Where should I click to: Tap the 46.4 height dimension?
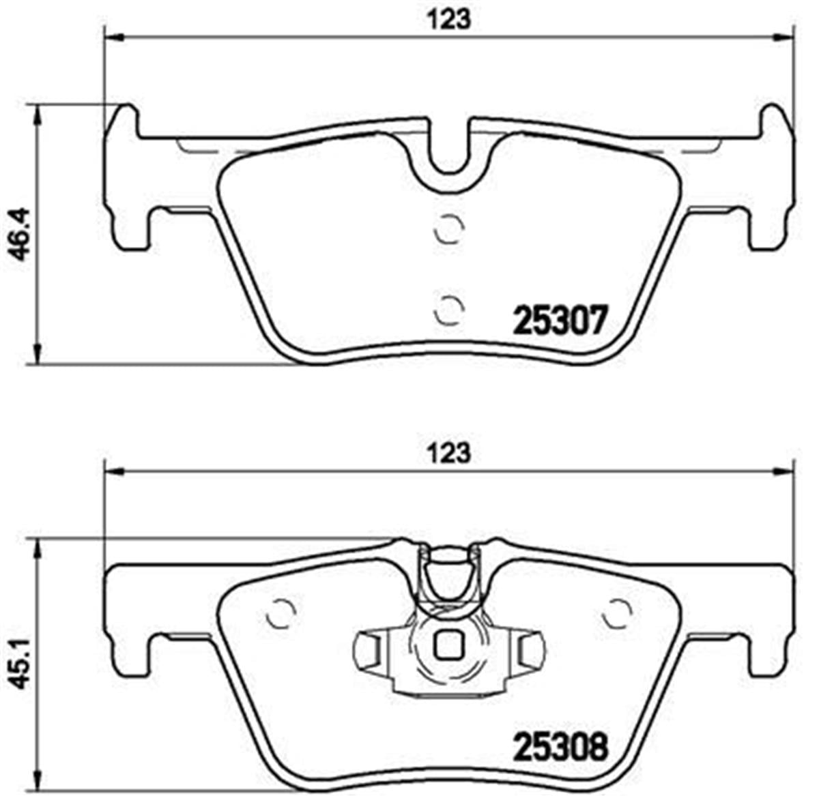pos(20,234)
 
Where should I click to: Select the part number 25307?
pos(560,321)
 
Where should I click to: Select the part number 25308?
pos(560,747)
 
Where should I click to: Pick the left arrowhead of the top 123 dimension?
pos(112,36)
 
